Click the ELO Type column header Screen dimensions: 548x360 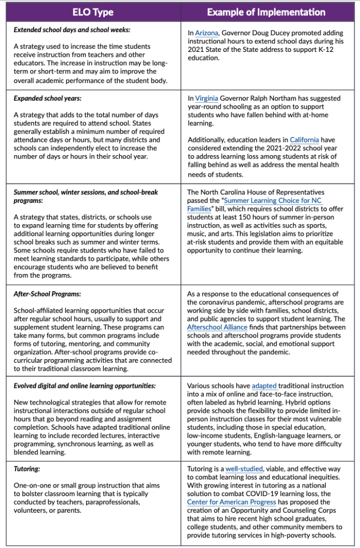(93, 11)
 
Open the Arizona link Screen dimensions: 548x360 (206, 33)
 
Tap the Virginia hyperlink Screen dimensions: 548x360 (206, 98)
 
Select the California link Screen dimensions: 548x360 (304, 140)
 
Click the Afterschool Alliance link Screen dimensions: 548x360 (217, 327)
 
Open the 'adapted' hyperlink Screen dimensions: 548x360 (264, 385)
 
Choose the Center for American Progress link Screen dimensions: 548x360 (232, 502)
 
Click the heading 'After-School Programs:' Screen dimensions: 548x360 (47, 294)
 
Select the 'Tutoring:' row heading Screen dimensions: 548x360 (27, 468)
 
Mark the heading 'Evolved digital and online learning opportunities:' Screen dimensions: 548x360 (85, 385)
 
